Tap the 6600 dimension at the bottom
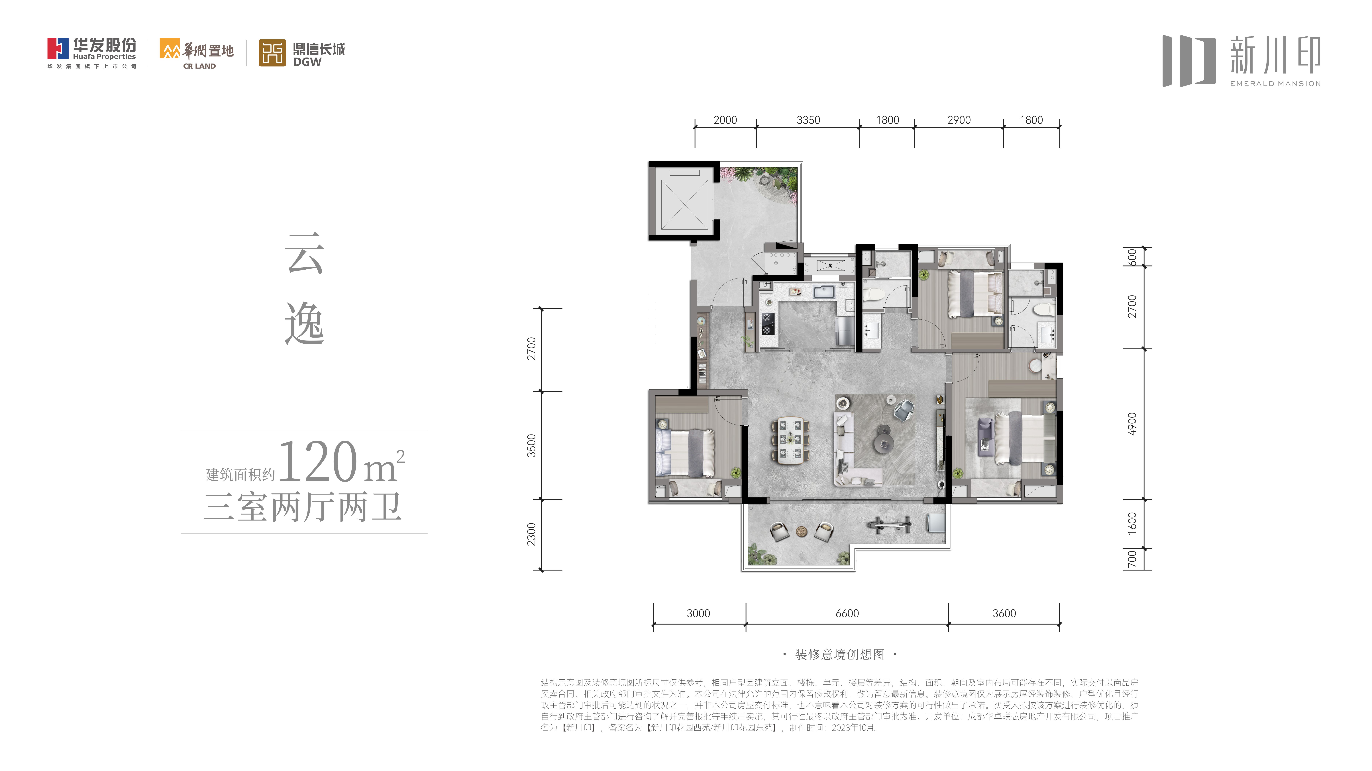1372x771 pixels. tap(847, 613)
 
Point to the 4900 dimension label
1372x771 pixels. tap(1132, 424)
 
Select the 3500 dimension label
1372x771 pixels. tap(531, 445)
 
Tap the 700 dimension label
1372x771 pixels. tap(1132, 559)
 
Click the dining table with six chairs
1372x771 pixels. tap(790, 440)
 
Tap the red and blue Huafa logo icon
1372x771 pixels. tap(58, 48)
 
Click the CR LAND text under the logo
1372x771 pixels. tap(199, 66)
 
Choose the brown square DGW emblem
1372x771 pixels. tap(272, 53)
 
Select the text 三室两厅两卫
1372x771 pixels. tap(303, 507)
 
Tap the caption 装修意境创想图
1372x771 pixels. tap(839, 654)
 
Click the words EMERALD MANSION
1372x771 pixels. tap(1275, 84)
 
